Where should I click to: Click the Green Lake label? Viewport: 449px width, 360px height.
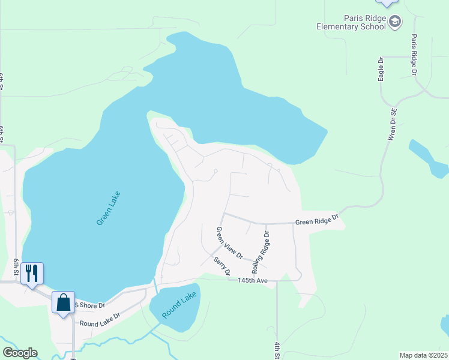(x=109, y=208)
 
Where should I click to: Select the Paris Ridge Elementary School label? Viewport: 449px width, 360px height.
(x=353, y=22)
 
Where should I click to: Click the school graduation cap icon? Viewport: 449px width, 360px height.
(x=395, y=23)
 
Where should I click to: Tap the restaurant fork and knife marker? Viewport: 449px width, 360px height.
(x=32, y=273)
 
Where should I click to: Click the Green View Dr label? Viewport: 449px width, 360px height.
(x=229, y=242)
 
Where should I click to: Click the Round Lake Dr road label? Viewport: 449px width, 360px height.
(x=100, y=319)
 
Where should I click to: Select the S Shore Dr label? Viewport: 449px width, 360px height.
(x=90, y=305)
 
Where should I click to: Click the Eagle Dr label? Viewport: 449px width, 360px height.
(x=381, y=69)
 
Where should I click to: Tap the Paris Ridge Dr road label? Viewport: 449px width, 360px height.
(x=414, y=54)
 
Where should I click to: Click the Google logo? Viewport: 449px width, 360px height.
(x=20, y=353)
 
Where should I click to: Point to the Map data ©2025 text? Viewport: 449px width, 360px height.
(x=423, y=355)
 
